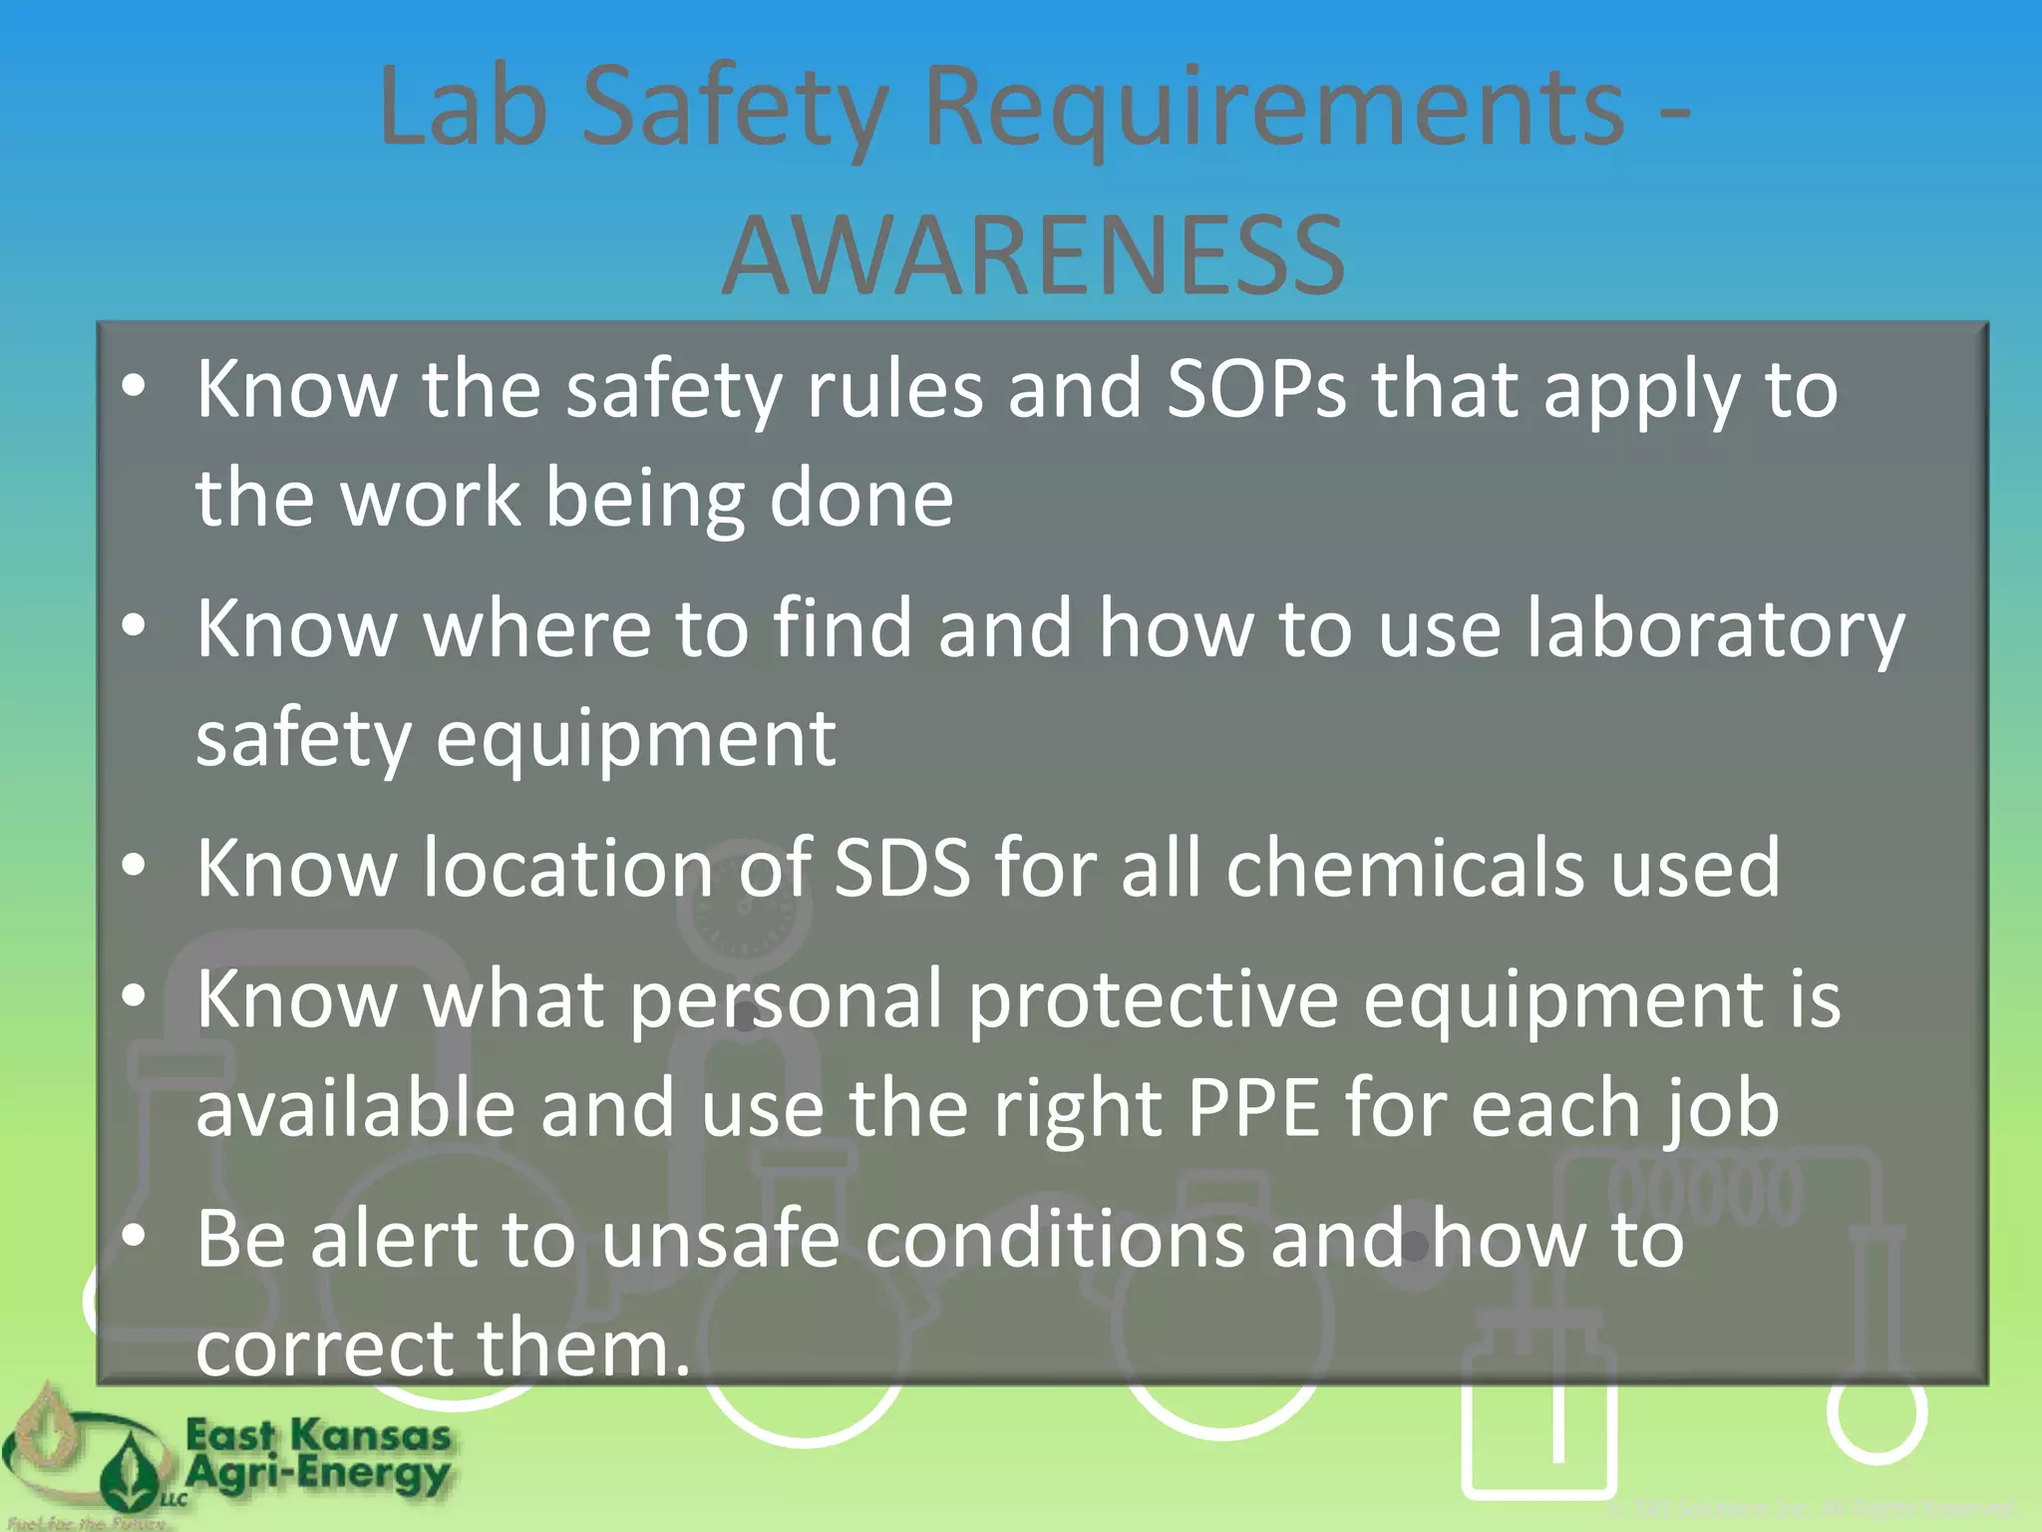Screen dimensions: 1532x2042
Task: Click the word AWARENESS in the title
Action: (1033, 256)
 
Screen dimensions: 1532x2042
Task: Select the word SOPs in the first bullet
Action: (1256, 389)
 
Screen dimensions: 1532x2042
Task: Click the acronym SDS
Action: (901, 868)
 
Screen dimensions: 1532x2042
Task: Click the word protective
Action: (1154, 999)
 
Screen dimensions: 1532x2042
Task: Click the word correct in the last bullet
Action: (324, 1348)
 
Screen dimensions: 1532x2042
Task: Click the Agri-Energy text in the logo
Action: (318, 1474)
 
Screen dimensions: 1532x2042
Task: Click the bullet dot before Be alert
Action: (134, 1235)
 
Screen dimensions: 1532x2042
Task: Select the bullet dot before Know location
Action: (134, 865)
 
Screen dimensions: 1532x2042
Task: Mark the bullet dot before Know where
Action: (134, 625)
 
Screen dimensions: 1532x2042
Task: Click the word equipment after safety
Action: (636, 740)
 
